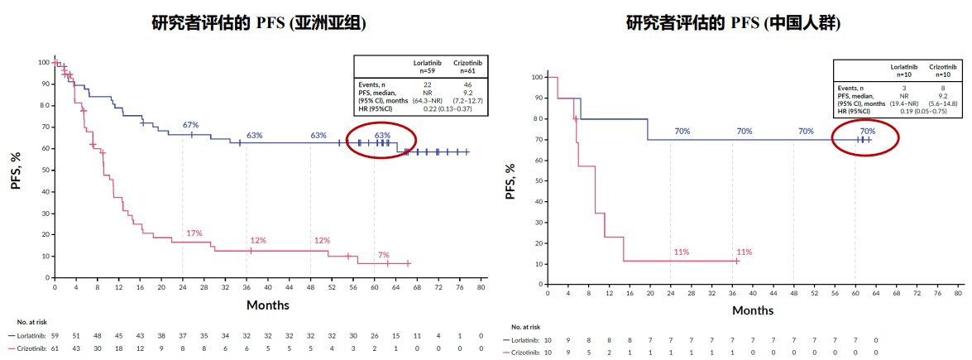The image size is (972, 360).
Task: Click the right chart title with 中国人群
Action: [733, 22]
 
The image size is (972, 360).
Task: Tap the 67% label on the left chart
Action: [190, 125]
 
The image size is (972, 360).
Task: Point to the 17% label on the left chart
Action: [194, 233]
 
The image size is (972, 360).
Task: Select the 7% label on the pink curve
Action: [383, 255]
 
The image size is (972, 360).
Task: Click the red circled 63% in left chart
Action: [382, 135]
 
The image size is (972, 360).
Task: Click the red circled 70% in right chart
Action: [867, 131]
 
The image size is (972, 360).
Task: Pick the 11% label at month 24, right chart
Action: [682, 252]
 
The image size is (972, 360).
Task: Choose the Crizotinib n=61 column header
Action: [467, 67]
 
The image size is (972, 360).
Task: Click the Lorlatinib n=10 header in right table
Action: [903, 70]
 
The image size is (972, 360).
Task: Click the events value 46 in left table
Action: [467, 84]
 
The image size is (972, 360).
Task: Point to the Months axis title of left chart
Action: [267, 305]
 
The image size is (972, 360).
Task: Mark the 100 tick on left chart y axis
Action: [43, 62]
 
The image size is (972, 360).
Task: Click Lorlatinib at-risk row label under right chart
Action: [522, 340]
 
